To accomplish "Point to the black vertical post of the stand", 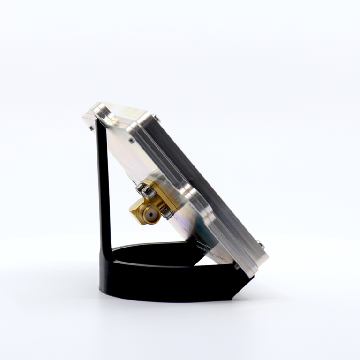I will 104,187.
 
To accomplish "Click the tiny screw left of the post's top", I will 90,127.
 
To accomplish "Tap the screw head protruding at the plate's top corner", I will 156,117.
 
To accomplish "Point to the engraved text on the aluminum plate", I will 211,251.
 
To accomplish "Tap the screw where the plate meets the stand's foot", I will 237,266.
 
